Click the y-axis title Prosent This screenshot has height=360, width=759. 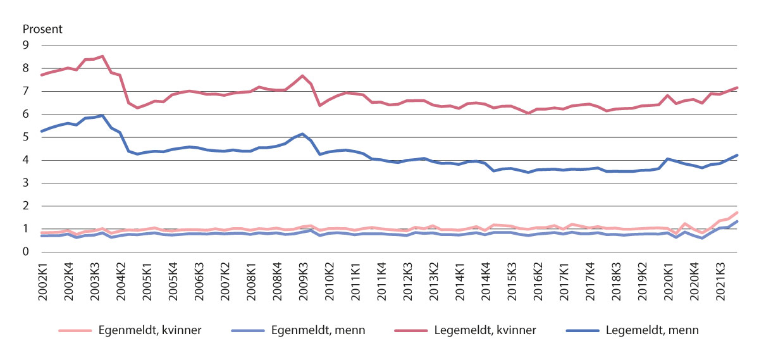pyautogui.click(x=43, y=29)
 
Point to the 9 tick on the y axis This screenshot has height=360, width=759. pyautogui.click(x=26, y=46)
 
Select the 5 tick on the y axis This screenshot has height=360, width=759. pyautogui.click(x=26, y=137)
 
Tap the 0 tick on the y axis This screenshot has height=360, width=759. pyautogui.click(x=26, y=252)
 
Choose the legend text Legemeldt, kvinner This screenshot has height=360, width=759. pyautogui.click(x=487, y=330)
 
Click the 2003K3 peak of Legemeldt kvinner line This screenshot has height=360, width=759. pyautogui.click(x=102, y=56)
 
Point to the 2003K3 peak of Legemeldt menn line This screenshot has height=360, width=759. pyautogui.click(x=102, y=116)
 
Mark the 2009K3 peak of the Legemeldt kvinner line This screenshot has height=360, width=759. pyautogui.click(x=303, y=76)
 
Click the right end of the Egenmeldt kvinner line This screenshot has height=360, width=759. pyautogui.click(x=737, y=213)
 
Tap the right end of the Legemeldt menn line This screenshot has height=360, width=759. pyautogui.click(x=737, y=155)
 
